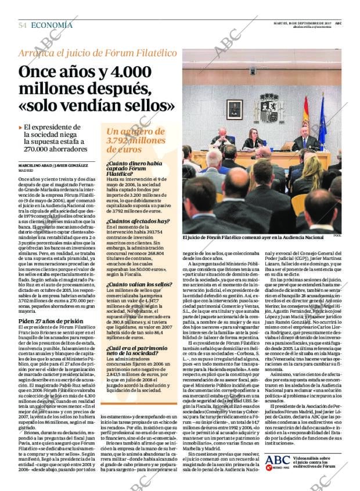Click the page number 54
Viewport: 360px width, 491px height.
pos(23,26)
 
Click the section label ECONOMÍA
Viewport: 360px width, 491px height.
pos(52,26)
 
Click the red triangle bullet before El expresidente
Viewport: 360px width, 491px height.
pos(20,127)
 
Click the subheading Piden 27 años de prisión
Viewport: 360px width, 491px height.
pos(51,321)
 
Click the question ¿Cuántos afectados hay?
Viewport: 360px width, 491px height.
pos(137,222)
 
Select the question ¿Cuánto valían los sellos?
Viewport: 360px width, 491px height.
pos(139,284)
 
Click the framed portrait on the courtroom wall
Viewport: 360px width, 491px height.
pos(235,109)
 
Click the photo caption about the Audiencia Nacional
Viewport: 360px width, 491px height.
pos(253,237)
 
